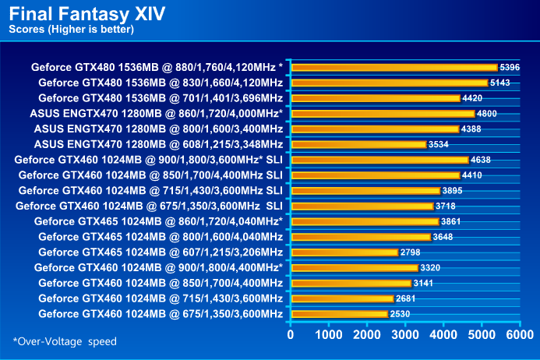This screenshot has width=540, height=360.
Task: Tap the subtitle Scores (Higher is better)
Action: tap(71, 30)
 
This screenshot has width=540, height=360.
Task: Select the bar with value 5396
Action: tap(394, 67)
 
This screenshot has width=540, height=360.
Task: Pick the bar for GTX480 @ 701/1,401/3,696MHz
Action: tap(375, 98)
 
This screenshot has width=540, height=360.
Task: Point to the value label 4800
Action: tap(486, 114)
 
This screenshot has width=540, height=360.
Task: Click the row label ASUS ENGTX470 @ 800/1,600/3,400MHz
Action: tap(158, 129)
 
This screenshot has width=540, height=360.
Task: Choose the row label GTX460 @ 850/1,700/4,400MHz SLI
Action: tap(150, 175)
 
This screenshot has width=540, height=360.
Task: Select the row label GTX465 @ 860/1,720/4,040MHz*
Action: tap(158, 221)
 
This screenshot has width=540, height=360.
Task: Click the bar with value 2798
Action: tap(344, 252)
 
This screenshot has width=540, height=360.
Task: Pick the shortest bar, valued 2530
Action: tap(339, 314)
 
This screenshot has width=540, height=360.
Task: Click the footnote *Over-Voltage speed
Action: tap(65, 341)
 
